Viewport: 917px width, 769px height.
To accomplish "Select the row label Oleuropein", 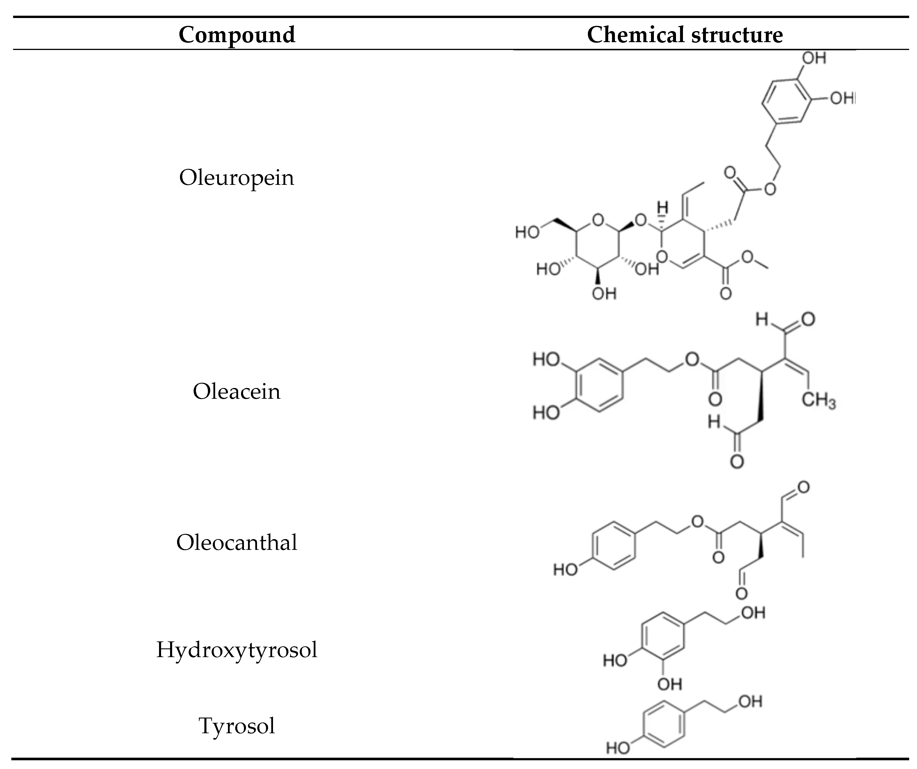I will [x=237, y=178].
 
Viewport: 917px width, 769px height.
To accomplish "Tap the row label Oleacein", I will [x=237, y=391].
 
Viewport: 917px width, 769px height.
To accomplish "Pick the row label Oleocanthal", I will [x=237, y=543].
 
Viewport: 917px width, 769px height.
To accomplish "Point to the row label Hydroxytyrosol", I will [x=237, y=650].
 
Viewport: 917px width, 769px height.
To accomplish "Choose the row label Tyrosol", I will [x=237, y=726].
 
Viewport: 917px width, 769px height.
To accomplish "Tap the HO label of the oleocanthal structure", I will [x=565, y=570].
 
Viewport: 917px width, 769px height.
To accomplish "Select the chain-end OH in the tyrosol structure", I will [x=750, y=702].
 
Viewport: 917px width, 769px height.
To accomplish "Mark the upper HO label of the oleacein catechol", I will [x=546, y=360].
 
